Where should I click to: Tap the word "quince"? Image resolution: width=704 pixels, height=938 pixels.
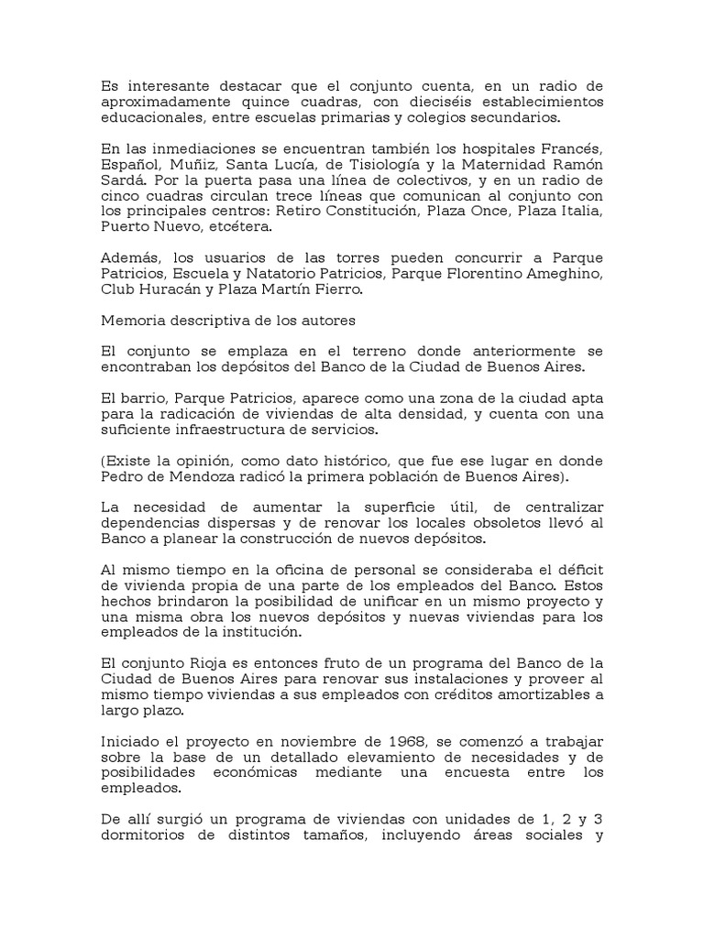(258, 103)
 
